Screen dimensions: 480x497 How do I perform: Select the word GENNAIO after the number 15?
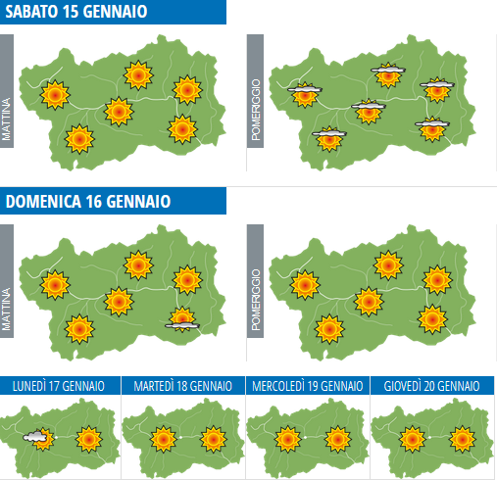[119, 13]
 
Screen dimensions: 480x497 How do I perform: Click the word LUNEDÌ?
[31, 386]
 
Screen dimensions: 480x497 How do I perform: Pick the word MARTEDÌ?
[152, 386]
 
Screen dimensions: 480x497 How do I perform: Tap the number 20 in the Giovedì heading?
[431, 386]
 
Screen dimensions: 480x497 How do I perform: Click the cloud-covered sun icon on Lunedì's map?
[37, 437]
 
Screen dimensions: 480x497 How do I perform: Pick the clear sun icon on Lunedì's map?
[89, 436]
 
